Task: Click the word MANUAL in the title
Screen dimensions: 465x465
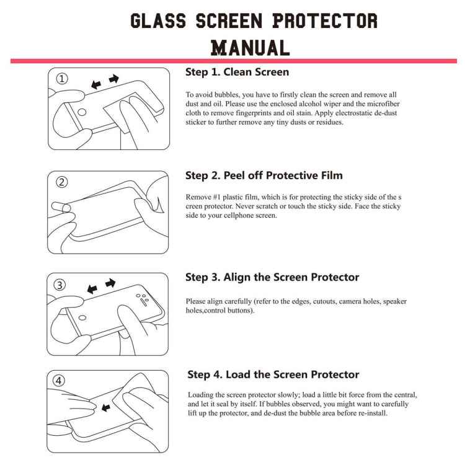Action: coord(250,47)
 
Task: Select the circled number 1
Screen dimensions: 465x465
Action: coord(62,79)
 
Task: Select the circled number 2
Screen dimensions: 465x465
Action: coord(62,182)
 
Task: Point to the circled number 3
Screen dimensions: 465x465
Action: coord(60,285)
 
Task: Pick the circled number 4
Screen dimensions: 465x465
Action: coord(60,381)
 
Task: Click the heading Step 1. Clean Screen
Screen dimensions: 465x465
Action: coord(237,73)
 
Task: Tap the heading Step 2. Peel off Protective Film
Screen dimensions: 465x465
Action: coord(263,175)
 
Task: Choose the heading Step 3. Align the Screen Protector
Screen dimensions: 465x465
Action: coord(272,277)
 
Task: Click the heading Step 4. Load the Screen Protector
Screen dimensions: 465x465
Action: coord(273,374)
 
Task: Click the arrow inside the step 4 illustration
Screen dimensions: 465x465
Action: coord(105,408)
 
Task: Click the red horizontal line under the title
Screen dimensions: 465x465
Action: coord(232,61)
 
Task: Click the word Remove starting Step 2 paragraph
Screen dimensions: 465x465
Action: coord(198,197)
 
